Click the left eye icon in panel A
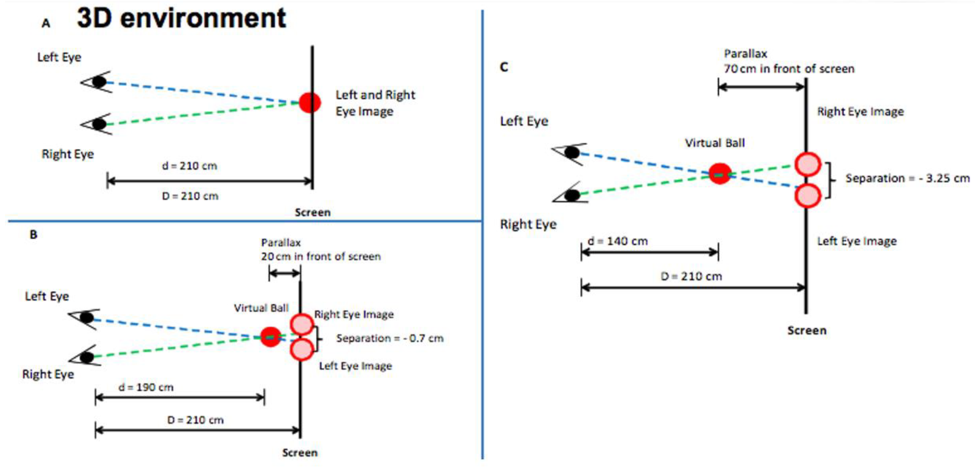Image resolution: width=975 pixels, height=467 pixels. coord(98,82)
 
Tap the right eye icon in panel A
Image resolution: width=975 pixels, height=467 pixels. coord(98,124)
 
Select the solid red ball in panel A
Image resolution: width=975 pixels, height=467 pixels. coord(310,102)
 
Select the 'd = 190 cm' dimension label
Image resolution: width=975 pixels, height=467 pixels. coord(146,387)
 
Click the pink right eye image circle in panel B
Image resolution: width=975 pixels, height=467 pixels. coord(302,324)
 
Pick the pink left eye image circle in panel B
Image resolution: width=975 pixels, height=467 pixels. coord(302,349)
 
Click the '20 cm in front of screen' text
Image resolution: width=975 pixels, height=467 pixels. coord(321,256)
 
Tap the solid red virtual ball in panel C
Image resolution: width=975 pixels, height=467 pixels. coord(720,174)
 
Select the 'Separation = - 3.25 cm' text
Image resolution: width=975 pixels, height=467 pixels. coord(907,178)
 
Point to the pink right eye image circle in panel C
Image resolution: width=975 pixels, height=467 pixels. coord(807,165)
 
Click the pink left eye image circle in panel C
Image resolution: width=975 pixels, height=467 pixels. coord(807,196)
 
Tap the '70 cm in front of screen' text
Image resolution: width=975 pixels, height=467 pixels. coord(789,69)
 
